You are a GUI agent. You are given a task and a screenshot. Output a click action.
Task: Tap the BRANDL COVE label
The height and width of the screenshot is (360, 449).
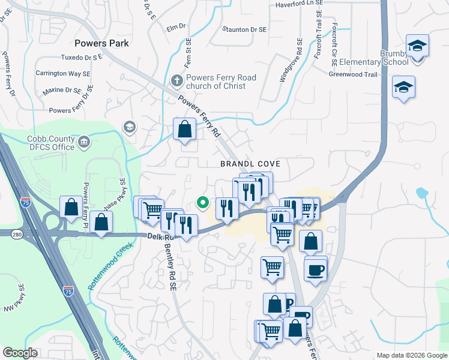tap(250, 163)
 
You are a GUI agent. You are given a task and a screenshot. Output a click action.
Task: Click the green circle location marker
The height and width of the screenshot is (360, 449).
tap(203, 203)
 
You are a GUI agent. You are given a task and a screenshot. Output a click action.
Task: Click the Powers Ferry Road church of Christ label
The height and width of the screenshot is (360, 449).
tap(221, 82)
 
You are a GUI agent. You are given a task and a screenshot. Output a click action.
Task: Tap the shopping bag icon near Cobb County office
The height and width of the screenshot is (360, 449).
tap(71, 206)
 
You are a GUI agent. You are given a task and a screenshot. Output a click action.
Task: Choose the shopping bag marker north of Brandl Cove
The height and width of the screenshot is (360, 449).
tap(184, 128)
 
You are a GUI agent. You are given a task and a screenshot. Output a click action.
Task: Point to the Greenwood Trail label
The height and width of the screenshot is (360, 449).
tap(354, 74)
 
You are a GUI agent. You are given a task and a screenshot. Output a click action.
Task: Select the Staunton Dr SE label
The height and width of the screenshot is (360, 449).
tap(244, 29)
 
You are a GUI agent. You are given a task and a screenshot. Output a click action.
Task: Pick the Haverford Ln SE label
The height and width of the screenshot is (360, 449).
tap(299, 4)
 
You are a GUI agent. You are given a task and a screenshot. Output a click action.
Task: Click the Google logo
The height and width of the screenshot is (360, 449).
tap(20, 353)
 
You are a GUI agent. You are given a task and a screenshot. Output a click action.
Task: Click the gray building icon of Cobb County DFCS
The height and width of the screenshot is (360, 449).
tap(84, 143)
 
